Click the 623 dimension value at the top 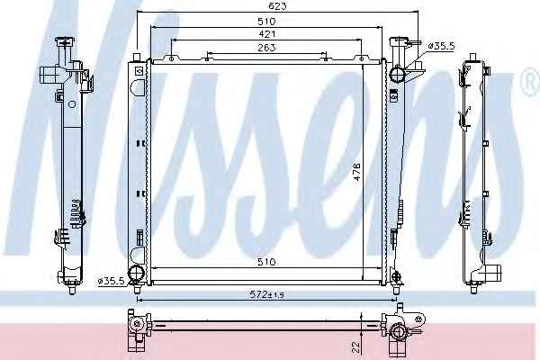click(277, 6)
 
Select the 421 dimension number click(266, 34)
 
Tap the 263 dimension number click(266, 47)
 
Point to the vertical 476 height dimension click(357, 171)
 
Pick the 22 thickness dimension click(356, 346)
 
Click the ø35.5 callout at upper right click(441, 46)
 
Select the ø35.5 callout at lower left click(111, 281)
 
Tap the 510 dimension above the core click(266, 22)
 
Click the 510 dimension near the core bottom click(266, 262)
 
